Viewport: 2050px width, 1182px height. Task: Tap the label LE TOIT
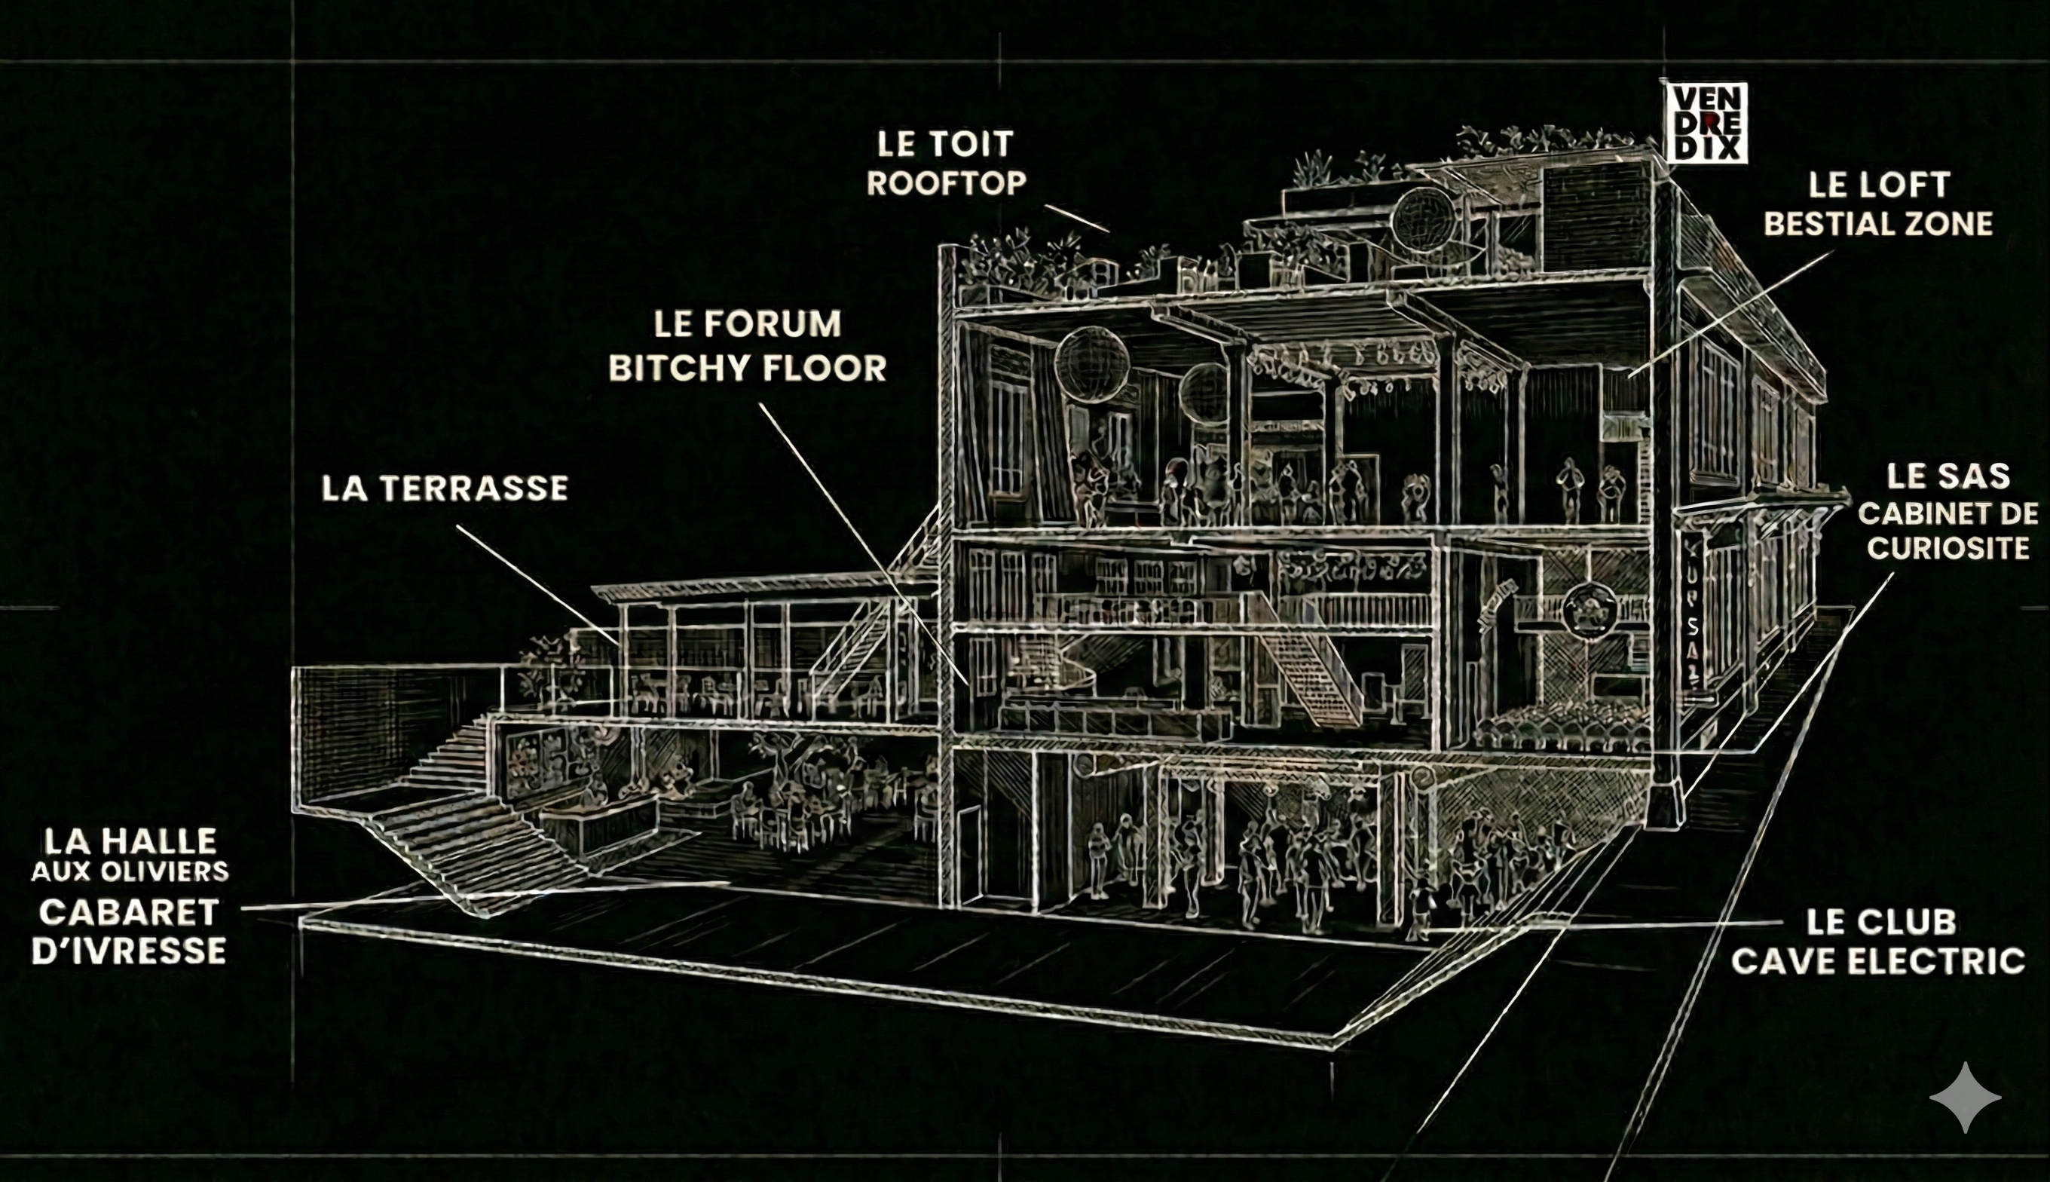tap(945, 145)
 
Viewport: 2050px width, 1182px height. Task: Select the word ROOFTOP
tap(947, 183)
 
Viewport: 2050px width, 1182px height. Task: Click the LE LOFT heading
tap(1879, 185)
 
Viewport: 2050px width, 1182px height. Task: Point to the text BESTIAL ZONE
tap(1879, 224)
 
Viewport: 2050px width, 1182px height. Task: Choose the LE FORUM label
tap(748, 325)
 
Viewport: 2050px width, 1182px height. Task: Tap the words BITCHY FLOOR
tap(748, 369)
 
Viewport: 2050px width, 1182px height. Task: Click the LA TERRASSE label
tap(445, 488)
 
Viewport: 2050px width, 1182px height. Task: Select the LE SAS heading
tap(1947, 476)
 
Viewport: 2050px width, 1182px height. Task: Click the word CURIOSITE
tap(1947, 549)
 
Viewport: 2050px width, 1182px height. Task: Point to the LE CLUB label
tap(1880, 922)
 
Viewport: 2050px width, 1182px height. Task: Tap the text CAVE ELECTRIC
tap(1878, 962)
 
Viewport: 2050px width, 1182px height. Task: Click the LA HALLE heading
tap(130, 841)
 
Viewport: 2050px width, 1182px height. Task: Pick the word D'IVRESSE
tap(129, 951)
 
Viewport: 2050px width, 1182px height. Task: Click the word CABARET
tap(129, 912)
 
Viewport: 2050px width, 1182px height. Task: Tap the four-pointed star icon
tap(1965, 1097)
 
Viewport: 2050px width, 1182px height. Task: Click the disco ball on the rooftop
tap(1424, 219)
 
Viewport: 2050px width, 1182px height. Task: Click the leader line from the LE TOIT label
tap(1075, 219)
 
